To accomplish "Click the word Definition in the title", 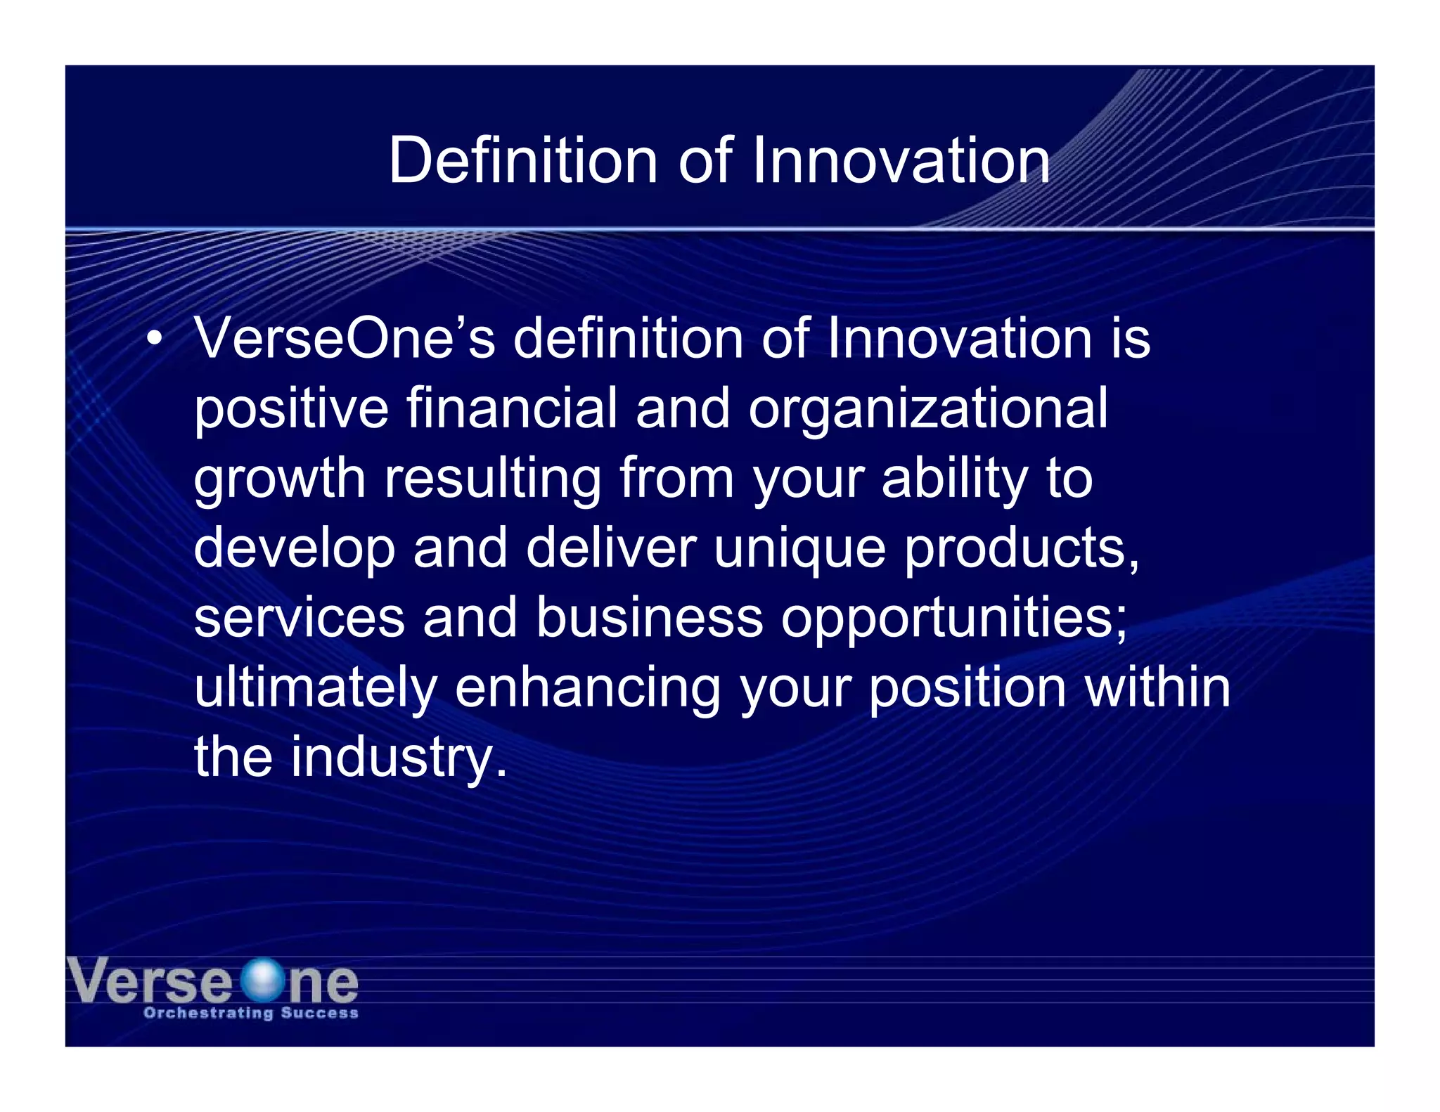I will pyautogui.click(x=522, y=160).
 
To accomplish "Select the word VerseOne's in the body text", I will pyautogui.click(x=345, y=338).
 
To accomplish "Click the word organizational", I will pyautogui.click(x=927, y=409).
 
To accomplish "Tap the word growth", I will pyautogui.click(x=279, y=479).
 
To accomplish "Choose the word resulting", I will pyautogui.click(x=492, y=479).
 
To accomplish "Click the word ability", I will pyautogui.click(x=954, y=479).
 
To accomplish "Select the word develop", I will pyautogui.click(x=294, y=549).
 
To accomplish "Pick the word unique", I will pyautogui.click(x=799, y=549).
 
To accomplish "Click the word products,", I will pyautogui.click(x=1021, y=549).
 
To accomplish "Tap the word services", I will pyautogui.click(x=299, y=617).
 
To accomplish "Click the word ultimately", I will pyautogui.click(x=315, y=687).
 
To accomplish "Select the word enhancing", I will pyautogui.click(x=588, y=687).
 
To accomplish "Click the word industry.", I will pyautogui.click(x=399, y=757).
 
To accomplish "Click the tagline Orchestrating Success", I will pyautogui.click(x=251, y=1013).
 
